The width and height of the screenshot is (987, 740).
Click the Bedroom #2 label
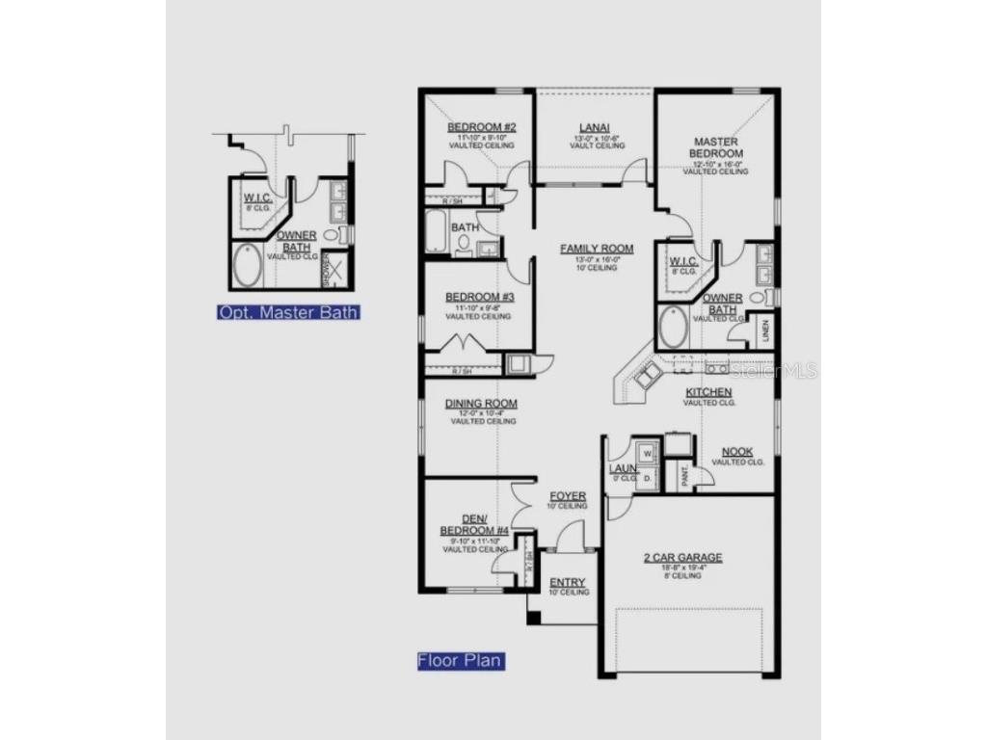coord(482,127)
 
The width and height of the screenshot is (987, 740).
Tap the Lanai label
coord(593,127)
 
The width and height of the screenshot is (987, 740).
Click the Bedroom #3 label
coord(480,297)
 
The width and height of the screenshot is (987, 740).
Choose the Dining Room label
coord(481,404)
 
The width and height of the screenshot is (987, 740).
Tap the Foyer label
coord(568,496)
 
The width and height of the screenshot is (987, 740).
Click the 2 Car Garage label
coord(682,557)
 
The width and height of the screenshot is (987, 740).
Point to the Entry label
coord(568,583)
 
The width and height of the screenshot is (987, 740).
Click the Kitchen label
coord(708,392)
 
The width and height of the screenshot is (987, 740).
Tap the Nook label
coord(737,452)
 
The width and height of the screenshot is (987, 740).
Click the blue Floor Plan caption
coord(460,661)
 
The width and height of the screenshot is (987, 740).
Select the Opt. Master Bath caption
coord(289,312)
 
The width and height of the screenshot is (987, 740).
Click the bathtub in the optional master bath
coord(247,267)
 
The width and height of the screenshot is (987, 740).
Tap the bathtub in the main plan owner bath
coord(673,329)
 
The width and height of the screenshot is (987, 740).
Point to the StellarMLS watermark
coord(774,370)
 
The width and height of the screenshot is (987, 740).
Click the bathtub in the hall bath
coord(437,232)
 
